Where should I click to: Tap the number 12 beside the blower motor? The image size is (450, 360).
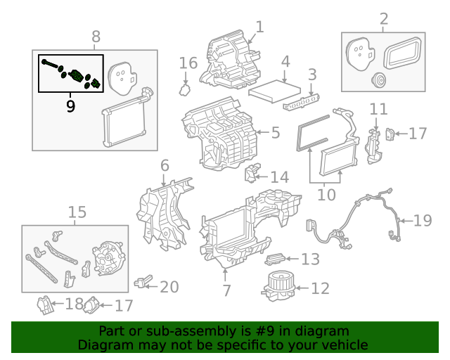click(x=319, y=288)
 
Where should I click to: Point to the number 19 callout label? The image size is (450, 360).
click(x=422, y=221)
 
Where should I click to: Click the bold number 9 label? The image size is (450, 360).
click(x=70, y=106)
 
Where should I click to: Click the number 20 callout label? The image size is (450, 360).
click(x=169, y=287)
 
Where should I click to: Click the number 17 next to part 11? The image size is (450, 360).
click(x=417, y=133)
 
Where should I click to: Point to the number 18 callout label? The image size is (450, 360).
click(x=73, y=304)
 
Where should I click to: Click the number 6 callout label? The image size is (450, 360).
click(x=165, y=167)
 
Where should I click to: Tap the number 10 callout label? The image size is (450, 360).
click(x=326, y=194)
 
